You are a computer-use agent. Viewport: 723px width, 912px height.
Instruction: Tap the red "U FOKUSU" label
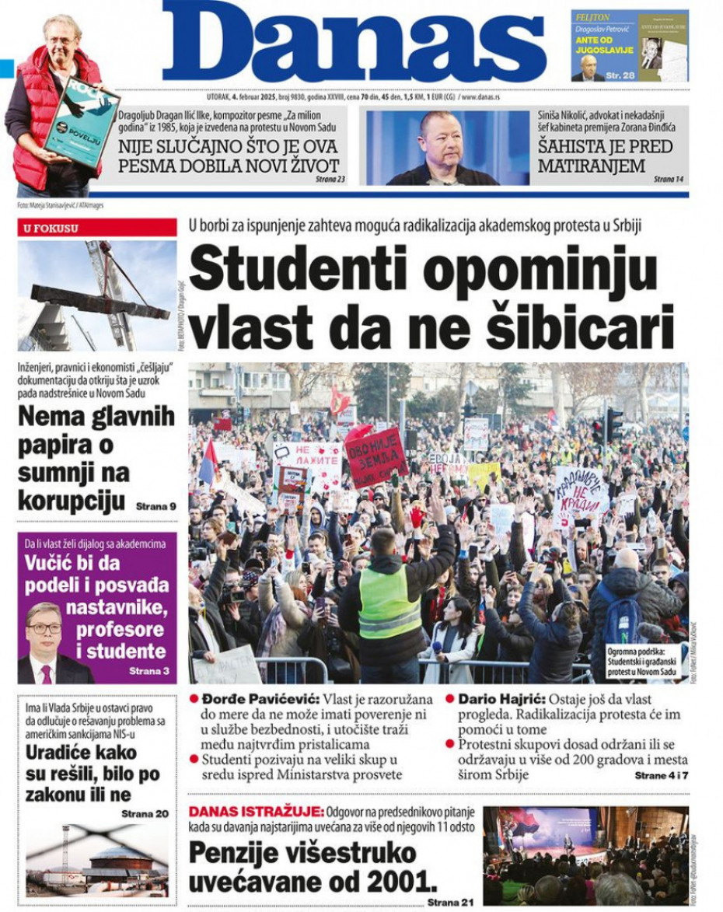(x=51, y=228)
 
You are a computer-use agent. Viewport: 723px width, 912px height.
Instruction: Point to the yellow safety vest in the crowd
(x=388, y=603)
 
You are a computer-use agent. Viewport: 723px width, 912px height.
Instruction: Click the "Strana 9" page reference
(x=155, y=506)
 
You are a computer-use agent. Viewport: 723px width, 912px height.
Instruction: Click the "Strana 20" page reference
(x=145, y=813)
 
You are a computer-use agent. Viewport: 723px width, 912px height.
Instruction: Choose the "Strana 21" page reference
(x=450, y=902)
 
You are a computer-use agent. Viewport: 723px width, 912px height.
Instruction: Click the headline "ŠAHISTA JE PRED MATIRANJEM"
(x=605, y=155)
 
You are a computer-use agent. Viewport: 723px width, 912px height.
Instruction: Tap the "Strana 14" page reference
(x=669, y=179)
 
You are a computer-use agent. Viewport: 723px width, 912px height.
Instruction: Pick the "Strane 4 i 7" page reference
(x=661, y=776)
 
